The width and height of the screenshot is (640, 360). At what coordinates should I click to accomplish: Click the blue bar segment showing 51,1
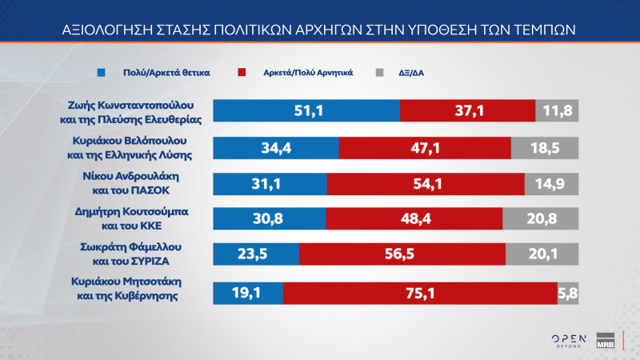pos(306,111)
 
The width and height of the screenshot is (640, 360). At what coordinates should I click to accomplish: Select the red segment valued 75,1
pos(419,294)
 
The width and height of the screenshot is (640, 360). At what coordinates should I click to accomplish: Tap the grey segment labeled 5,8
pos(567,294)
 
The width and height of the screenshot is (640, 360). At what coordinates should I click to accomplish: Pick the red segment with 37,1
pos(467,111)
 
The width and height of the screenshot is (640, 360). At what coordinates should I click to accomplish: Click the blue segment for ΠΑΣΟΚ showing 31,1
pos(270,184)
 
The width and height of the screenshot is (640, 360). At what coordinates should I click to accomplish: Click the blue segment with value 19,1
pos(247,294)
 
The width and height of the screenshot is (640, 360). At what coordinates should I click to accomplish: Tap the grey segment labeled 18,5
pos(544,148)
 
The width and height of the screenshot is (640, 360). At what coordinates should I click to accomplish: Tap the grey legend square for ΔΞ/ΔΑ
pos(380,72)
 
